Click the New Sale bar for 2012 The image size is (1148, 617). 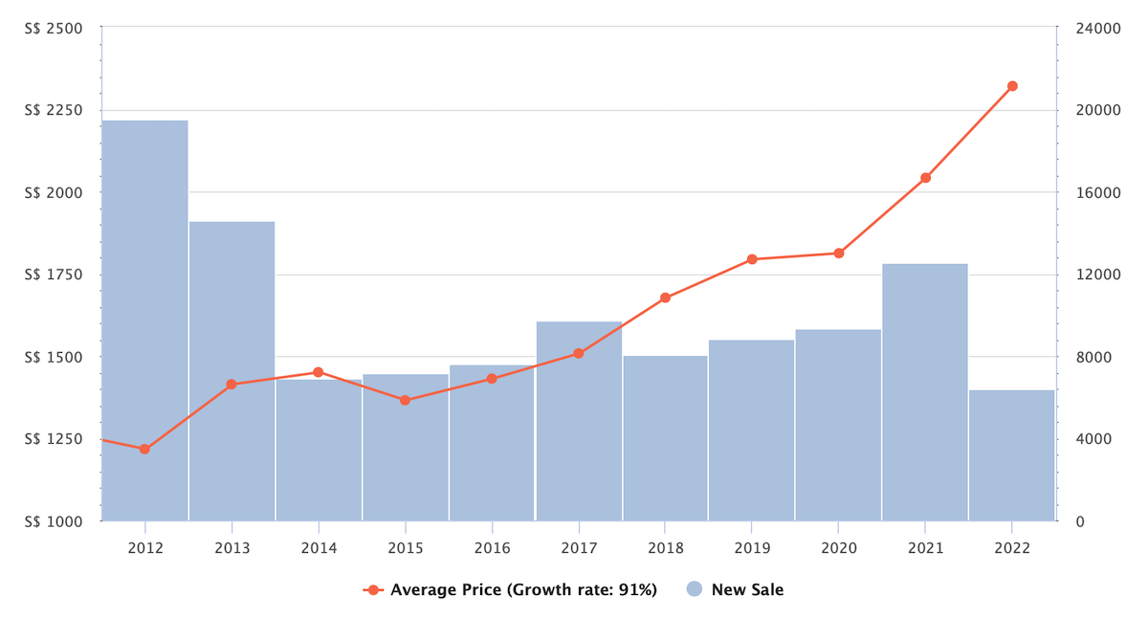[x=144, y=320]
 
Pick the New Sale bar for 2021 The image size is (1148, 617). [x=925, y=392]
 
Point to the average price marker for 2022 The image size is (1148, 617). [x=1012, y=86]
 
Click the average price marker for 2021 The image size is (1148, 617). [x=925, y=178]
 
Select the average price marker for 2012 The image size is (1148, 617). [x=144, y=449]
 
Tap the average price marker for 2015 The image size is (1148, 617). [x=405, y=400]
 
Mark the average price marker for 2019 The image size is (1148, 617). [x=752, y=259]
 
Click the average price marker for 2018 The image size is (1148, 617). [x=665, y=297]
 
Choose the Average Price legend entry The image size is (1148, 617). [x=511, y=589]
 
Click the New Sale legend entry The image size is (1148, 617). [x=736, y=589]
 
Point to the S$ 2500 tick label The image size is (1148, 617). [x=55, y=28]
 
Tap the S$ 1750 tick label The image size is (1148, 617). [x=55, y=275]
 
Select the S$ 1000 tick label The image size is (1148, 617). [x=55, y=521]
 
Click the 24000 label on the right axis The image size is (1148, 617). [x=1096, y=28]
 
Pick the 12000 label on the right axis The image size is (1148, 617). [x=1096, y=275]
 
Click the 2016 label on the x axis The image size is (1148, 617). [x=492, y=547]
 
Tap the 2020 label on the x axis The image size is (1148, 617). [x=839, y=547]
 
